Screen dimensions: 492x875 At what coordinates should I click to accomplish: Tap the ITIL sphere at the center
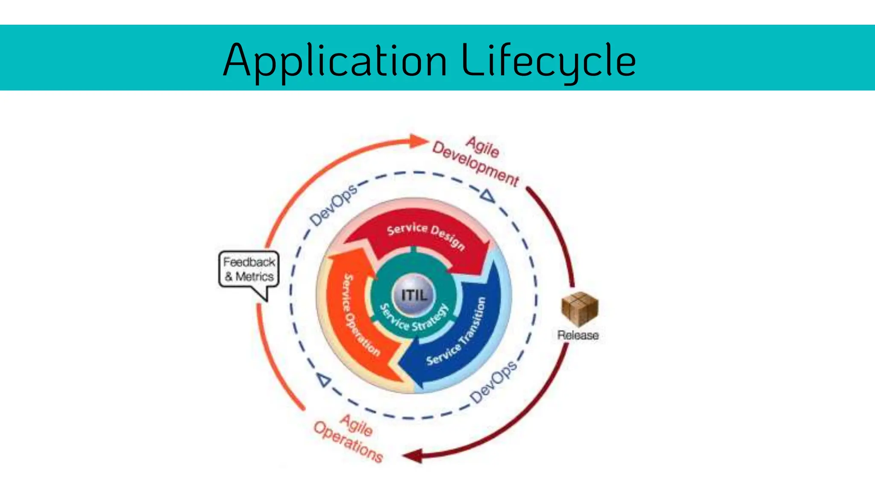(414, 295)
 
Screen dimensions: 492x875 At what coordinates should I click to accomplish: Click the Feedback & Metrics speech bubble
(249, 269)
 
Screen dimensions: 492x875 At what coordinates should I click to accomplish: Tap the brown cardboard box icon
(579, 308)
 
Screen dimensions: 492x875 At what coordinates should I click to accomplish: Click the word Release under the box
(578, 335)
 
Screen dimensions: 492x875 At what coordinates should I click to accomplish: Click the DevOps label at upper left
(333, 205)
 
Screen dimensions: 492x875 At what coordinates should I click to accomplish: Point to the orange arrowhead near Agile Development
(418, 141)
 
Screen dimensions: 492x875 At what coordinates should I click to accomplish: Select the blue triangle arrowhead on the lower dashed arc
(324, 380)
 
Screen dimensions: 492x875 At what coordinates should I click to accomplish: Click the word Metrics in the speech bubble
(255, 277)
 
